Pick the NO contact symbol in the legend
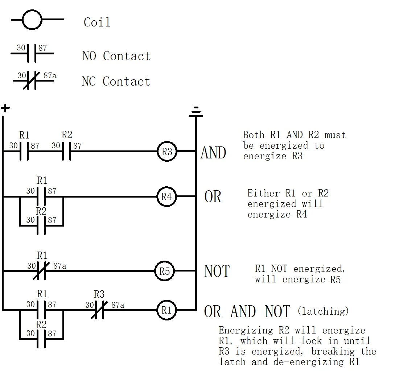(x=32, y=53)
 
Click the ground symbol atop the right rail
(x=196, y=112)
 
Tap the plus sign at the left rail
(x=5, y=108)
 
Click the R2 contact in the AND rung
(x=67, y=151)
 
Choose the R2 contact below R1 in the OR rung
(x=41, y=225)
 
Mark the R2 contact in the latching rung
(x=41, y=339)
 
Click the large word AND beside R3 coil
(x=213, y=153)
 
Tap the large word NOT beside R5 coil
(x=217, y=271)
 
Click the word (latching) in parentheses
(x=323, y=311)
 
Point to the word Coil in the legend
(x=97, y=22)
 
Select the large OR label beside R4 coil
(x=213, y=196)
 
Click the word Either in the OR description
(x=263, y=193)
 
